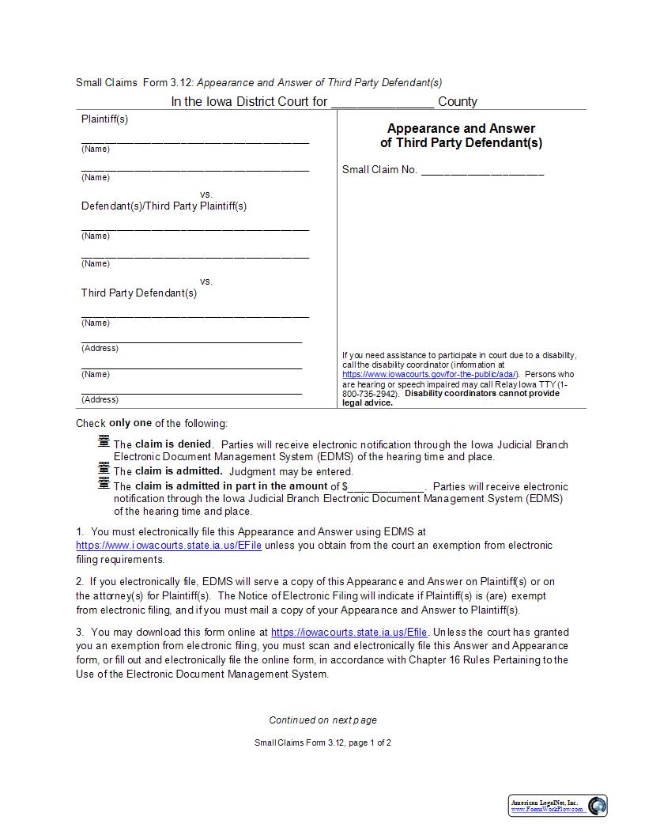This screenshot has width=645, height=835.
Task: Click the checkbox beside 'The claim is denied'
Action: pos(104,441)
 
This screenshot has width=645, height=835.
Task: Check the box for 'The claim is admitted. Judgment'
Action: pos(104,469)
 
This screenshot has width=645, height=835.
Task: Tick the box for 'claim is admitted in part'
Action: pos(104,482)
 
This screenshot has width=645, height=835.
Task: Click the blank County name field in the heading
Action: pos(382,102)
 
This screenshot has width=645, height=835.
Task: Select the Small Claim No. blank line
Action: pos(482,170)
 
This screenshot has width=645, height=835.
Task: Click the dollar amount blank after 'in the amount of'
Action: pos(387,486)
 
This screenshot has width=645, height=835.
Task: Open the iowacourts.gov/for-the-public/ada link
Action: pos(430,374)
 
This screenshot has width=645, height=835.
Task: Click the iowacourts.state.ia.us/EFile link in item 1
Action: pos(168,546)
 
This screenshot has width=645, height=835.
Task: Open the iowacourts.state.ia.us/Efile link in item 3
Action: pos(349,633)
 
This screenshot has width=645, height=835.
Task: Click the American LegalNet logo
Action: pos(557,806)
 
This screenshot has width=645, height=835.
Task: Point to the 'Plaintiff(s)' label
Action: pos(104,119)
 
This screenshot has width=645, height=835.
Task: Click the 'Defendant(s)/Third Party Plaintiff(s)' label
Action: pos(164,206)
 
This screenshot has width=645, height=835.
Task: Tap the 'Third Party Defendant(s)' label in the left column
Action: pos(138,293)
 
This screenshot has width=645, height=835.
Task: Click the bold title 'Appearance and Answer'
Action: pos(461,129)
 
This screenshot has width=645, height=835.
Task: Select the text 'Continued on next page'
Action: pos(322,720)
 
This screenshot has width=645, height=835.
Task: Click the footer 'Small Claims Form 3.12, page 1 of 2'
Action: pos(322,743)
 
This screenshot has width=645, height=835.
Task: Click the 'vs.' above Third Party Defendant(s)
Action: pos(206,281)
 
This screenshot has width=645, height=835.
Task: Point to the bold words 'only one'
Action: pos(130,423)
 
